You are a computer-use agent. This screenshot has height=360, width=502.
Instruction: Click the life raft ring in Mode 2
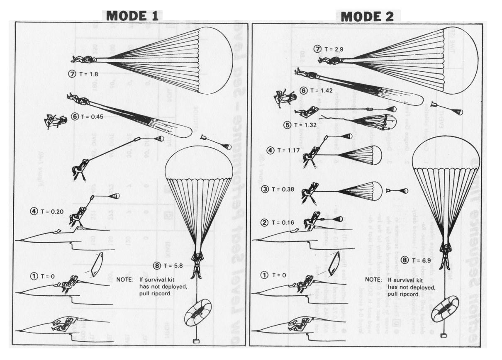coord(445,308)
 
